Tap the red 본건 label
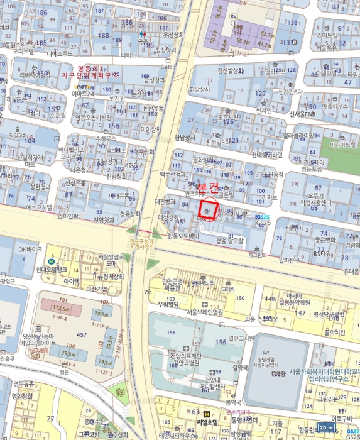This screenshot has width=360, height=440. coord(208,187)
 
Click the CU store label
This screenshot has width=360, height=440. coord(234,23)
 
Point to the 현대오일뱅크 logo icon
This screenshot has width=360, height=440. coord(52,261)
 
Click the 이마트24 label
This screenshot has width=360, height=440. coord(83,94)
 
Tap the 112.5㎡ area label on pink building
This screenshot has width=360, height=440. coord(60,309)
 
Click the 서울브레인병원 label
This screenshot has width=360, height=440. coord(200,311)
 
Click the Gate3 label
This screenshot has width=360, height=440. coord(167,66)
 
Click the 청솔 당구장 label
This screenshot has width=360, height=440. coord(229,240)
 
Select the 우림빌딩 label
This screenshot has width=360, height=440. coord(170,304)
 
